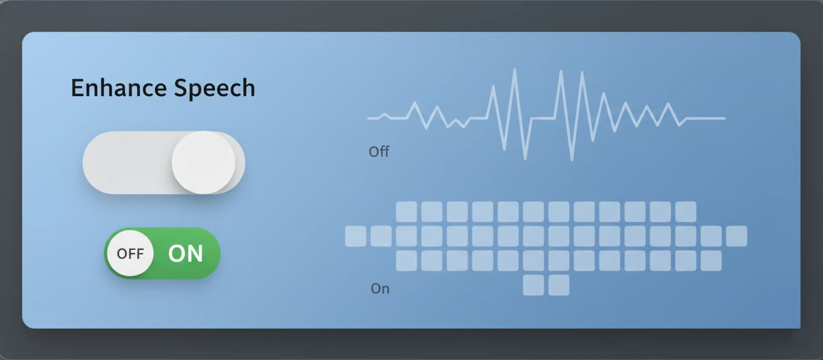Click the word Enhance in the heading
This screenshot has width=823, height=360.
pyautogui.click(x=113, y=88)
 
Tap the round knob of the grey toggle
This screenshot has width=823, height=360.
pyautogui.click(x=203, y=162)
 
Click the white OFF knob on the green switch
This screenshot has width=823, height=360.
pyautogui.click(x=130, y=253)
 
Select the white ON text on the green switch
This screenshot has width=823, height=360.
pyautogui.click(x=185, y=254)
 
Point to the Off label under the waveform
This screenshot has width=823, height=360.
pyautogui.click(x=379, y=152)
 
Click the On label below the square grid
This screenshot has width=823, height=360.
pyautogui.click(x=380, y=289)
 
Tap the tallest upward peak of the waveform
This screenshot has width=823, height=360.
pyautogui.click(x=514, y=71)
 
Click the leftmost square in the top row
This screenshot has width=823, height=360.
pyautogui.click(x=406, y=212)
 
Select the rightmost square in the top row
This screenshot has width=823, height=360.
pyautogui.click(x=685, y=212)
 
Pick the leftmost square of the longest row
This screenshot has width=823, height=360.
pyautogui.click(x=356, y=236)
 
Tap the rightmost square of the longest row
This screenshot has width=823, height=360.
pyautogui.click(x=736, y=236)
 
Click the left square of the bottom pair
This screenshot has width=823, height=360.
pyautogui.click(x=533, y=285)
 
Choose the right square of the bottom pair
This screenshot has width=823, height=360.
pyautogui.click(x=559, y=285)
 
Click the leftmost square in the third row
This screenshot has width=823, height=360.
pyautogui.click(x=406, y=261)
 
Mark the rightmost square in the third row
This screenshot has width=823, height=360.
pyautogui.click(x=711, y=261)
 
